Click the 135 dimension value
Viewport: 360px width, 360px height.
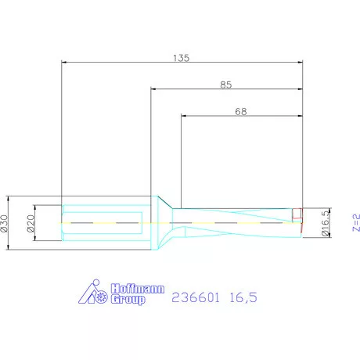[x=181, y=57]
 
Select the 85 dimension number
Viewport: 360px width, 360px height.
[x=225, y=84]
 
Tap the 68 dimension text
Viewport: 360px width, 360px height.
[x=242, y=111]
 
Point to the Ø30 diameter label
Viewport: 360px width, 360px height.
[x=5, y=223]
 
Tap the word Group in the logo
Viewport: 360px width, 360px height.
[x=128, y=298]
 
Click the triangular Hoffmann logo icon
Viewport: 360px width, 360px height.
[x=95, y=292]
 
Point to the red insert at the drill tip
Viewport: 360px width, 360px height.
[x=297, y=214]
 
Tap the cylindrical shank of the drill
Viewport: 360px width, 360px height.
[x=102, y=223]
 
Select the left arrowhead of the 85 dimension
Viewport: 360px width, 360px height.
[x=153, y=89]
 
